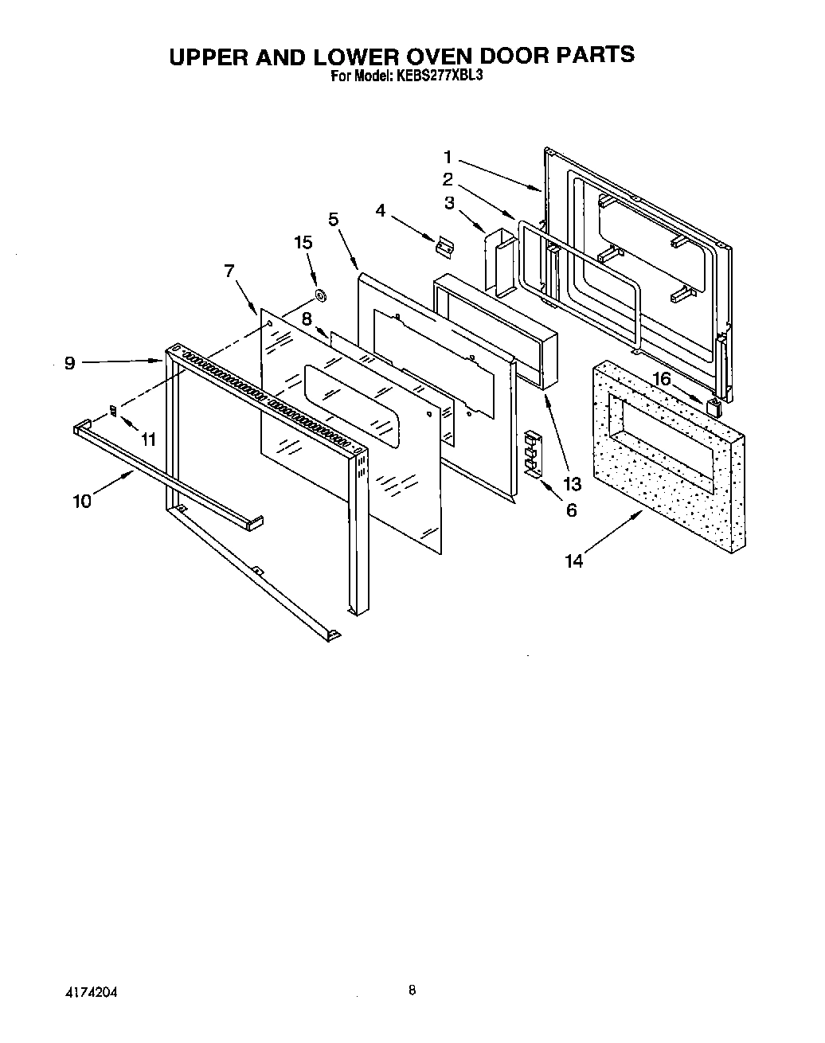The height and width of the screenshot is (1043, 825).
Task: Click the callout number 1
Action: [x=448, y=157]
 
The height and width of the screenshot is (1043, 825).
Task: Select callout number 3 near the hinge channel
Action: [x=450, y=203]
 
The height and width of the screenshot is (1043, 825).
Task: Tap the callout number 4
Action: [x=381, y=210]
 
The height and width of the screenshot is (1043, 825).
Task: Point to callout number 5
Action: [x=333, y=219]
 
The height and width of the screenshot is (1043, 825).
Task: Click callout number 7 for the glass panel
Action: [x=229, y=271]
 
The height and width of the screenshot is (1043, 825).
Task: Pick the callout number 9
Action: [x=70, y=363]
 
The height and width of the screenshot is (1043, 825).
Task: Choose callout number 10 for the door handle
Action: [x=82, y=501]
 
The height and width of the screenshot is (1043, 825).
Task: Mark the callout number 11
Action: [x=147, y=439]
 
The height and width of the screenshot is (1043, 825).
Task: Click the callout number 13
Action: [x=572, y=483]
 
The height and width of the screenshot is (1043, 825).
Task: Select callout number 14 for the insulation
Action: [x=574, y=561]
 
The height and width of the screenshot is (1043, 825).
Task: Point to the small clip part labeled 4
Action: [x=444, y=248]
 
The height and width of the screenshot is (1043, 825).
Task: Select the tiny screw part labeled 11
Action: [x=113, y=411]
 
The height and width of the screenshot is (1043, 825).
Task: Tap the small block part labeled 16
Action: [x=714, y=408]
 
